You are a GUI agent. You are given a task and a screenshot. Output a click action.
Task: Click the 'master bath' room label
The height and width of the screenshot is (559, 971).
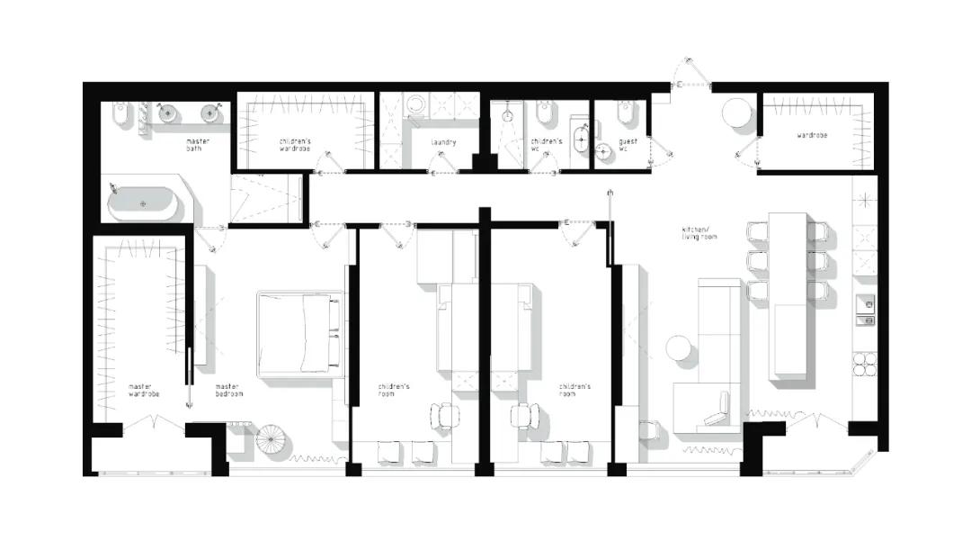[198, 145]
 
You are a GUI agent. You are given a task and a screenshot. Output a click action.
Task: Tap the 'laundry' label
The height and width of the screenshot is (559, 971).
[443, 142]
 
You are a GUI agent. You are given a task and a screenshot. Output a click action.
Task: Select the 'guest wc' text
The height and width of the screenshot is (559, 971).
[628, 145]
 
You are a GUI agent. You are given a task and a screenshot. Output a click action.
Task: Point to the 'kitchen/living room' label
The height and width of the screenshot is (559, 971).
[699, 233]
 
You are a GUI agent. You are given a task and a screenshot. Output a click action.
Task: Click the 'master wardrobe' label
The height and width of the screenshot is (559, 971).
[144, 391]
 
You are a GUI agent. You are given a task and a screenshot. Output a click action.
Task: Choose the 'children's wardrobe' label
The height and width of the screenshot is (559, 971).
[295, 145]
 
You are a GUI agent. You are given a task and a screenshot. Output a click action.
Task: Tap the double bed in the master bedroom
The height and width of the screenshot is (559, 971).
[299, 333]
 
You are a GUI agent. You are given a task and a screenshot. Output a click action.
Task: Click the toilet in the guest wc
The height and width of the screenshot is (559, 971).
[625, 113]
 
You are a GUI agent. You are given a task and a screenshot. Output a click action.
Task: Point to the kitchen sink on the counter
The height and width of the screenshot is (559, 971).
[866, 311]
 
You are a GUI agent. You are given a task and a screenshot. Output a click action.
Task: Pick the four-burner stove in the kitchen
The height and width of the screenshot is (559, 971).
[865, 365]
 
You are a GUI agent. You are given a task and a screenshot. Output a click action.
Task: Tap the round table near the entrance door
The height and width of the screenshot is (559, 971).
[737, 113]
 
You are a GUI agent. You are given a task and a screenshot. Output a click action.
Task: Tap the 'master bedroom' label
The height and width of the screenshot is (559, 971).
[229, 391]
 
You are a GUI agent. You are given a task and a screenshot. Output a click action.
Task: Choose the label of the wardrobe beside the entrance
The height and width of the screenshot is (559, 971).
[812, 135]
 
